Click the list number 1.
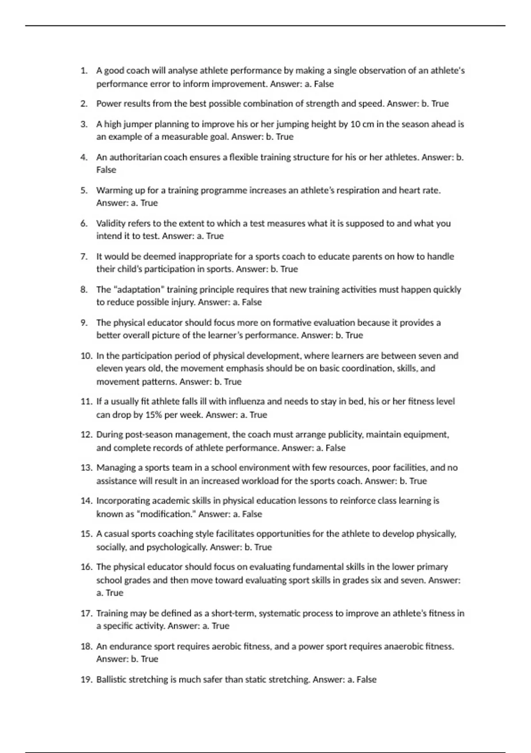pos(84,71)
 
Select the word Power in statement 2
pos(108,104)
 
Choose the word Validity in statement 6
pos(111,223)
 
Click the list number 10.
pos(86,356)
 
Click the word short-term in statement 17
pos(233,613)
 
